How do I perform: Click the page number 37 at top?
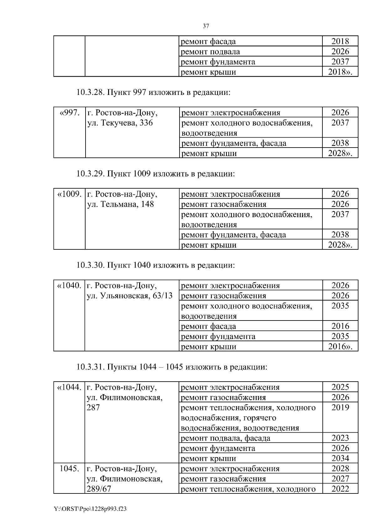click(206, 26)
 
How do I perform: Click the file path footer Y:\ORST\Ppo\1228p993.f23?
click(90, 509)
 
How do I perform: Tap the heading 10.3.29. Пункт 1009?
click(155, 174)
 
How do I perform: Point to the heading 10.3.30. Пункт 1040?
click(155, 265)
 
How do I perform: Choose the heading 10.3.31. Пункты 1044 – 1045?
click(172, 367)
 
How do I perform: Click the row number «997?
click(69, 112)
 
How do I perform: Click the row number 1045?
click(69, 469)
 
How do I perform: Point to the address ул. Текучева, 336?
click(120, 123)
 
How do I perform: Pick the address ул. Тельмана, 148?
click(120, 204)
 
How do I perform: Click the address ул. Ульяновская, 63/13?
click(129, 296)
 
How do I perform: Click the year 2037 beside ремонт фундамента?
click(340, 62)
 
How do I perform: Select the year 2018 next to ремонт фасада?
click(340, 41)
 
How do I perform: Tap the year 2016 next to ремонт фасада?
click(340, 326)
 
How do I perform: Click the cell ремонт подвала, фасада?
click(226, 438)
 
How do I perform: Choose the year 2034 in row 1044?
click(340, 458)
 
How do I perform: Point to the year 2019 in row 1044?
click(340, 407)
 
